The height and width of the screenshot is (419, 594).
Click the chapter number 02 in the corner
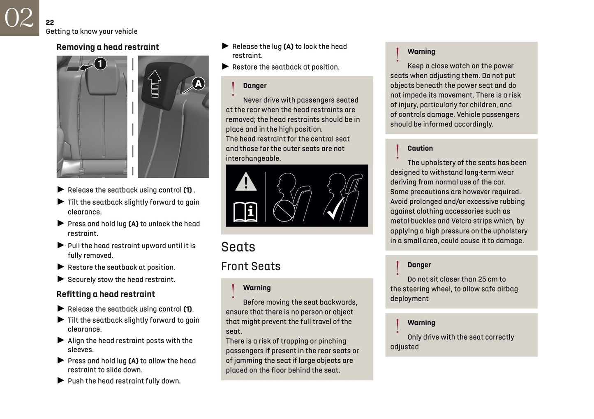tap(19, 18)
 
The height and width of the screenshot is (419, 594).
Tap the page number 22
tap(50, 22)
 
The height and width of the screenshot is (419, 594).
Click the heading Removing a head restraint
tap(107, 47)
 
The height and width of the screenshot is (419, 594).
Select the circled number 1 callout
tap(100, 64)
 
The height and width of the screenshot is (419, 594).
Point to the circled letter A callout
tap(198, 84)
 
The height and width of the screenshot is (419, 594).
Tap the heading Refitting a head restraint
tap(106, 294)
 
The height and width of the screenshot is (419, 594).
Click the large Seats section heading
tap(238, 247)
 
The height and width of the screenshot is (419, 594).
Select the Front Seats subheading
tap(251, 266)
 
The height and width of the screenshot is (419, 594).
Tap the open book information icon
tap(245, 212)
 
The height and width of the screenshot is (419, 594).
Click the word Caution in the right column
tap(420, 148)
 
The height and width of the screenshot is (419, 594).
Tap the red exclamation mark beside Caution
tap(397, 151)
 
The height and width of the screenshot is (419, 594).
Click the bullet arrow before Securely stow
tap(61, 279)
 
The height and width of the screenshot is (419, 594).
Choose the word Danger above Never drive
tap(254, 86)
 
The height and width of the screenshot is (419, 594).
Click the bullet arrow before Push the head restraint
tap(61, 381)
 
